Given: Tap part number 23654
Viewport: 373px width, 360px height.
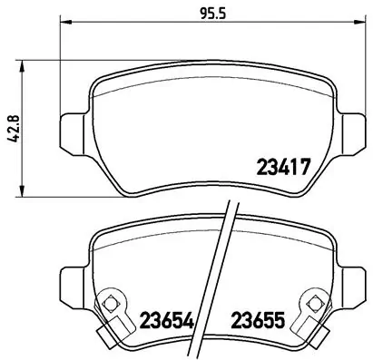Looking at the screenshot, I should coord(169,320).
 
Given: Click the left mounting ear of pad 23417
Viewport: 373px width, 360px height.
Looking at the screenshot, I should coord(71,128).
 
